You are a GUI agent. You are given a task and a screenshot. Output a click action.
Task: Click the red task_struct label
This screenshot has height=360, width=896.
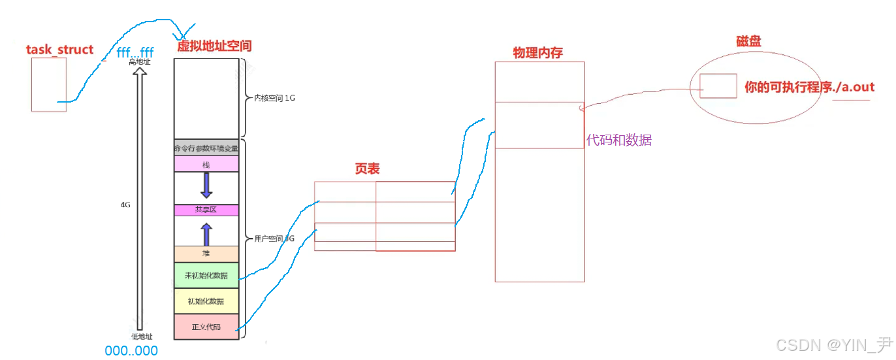59,50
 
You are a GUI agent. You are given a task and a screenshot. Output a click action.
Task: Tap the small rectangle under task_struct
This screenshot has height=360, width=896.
49,84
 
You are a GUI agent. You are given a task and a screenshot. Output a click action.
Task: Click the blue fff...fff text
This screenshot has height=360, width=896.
135,52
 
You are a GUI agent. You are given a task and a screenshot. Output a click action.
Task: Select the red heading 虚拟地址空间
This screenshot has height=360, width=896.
214,46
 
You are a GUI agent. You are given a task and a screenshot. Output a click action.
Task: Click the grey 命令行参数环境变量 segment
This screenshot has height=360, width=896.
206,148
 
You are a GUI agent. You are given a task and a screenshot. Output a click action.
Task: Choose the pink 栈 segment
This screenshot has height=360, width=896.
206,166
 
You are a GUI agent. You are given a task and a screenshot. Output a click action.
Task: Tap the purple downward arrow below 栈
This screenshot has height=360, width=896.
206,185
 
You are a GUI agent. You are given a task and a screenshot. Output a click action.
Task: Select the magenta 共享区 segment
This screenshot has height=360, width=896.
206,210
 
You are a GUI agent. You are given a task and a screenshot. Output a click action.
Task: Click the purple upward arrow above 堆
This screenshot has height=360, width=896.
206,233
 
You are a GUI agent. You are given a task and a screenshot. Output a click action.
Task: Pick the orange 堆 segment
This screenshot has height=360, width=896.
206,254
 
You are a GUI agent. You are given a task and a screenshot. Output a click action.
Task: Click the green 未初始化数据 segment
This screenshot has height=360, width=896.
206,276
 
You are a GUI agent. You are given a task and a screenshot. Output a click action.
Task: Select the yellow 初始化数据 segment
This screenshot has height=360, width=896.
206,301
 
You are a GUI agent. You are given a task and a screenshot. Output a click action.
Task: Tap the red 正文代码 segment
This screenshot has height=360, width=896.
206,326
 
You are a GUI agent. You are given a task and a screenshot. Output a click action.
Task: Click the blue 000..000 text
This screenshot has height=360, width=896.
131,351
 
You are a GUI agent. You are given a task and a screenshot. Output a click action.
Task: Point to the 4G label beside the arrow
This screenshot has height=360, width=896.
125,205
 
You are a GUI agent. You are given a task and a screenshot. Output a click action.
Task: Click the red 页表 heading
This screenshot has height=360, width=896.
367,169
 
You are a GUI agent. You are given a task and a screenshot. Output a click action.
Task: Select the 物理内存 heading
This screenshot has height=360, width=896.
537,53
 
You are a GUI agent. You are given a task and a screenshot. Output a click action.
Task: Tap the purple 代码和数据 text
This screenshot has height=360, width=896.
619,140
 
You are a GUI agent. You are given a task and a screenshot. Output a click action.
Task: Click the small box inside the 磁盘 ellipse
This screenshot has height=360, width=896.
718,86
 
